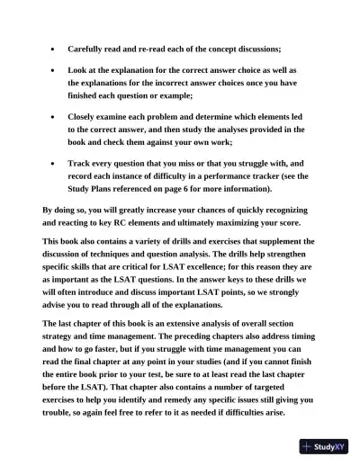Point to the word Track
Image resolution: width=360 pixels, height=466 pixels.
pos(81,164)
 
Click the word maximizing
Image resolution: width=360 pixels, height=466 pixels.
pos(256,222)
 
